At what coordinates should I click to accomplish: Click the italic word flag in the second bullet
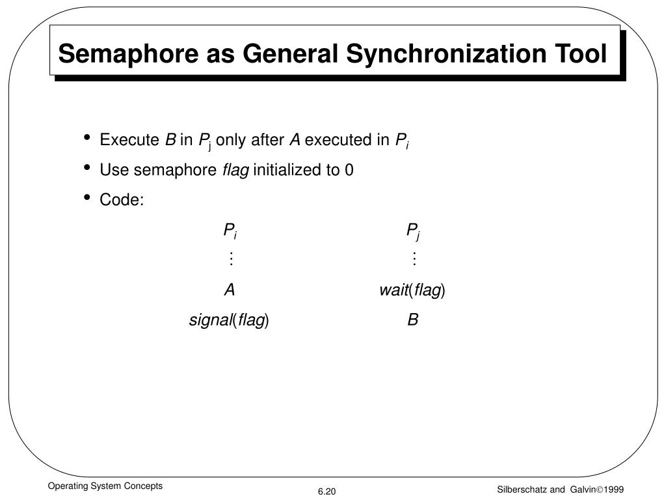pyautogui.click(x=235, y=171)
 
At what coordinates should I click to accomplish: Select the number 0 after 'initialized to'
pyautogui.click(x=349, y=171)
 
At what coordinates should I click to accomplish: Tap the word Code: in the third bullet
pyautogui.click(x=121, y=201)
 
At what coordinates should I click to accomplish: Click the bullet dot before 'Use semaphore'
pyautogui.click(x=87, y=168)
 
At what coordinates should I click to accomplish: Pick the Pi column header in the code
pyautogui.click(x=230, y=230)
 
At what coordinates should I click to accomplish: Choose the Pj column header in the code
pyautogui.click(x=414, y=230)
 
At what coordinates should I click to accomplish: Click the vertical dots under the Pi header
pyautogui.click(x=230, y=260)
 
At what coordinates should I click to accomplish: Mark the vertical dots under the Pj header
pyautogui.click(x=414, y=260)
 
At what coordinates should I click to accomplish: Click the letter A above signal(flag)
pyautogui.click(x=230, y=290)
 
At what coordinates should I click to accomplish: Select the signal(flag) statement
pyautogui.click(x=229, y=320)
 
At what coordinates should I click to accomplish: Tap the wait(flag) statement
pyautogui.click(x=412, y=290)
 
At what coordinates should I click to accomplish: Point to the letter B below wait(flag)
pyautogui.click(x=413, y=320)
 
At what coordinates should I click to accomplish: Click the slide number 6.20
pyautogui.click(x=326, y=492)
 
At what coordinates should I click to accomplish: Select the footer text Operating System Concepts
pyautogui.click(x=103, y=486)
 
